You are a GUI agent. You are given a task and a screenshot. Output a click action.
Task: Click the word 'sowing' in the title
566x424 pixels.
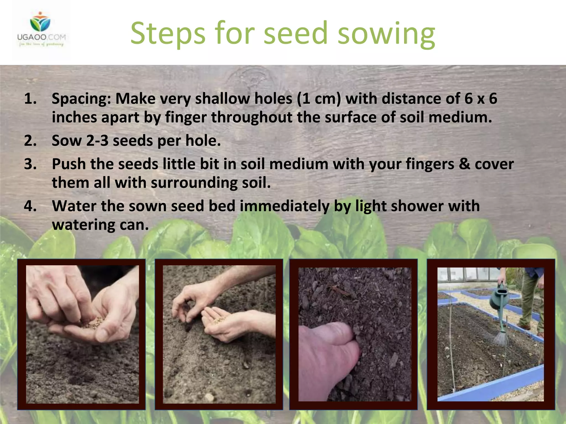coord(386,34)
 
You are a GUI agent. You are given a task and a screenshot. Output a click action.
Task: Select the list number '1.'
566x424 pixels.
coord(30,99)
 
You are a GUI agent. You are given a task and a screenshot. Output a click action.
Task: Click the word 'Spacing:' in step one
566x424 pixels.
coord(81,99)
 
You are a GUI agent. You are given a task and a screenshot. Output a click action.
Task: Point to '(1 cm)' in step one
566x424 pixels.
coord(319,99)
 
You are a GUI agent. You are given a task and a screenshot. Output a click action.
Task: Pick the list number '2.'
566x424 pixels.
coord(30,141)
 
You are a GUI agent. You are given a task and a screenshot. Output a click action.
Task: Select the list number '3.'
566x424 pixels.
coord(30,164)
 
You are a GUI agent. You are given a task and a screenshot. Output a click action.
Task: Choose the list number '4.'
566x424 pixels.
coord(30,206)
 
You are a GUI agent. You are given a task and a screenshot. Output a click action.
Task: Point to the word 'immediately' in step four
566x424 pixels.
coord(284,206)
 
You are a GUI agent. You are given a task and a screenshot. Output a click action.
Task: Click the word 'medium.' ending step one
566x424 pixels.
coord(460,118)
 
